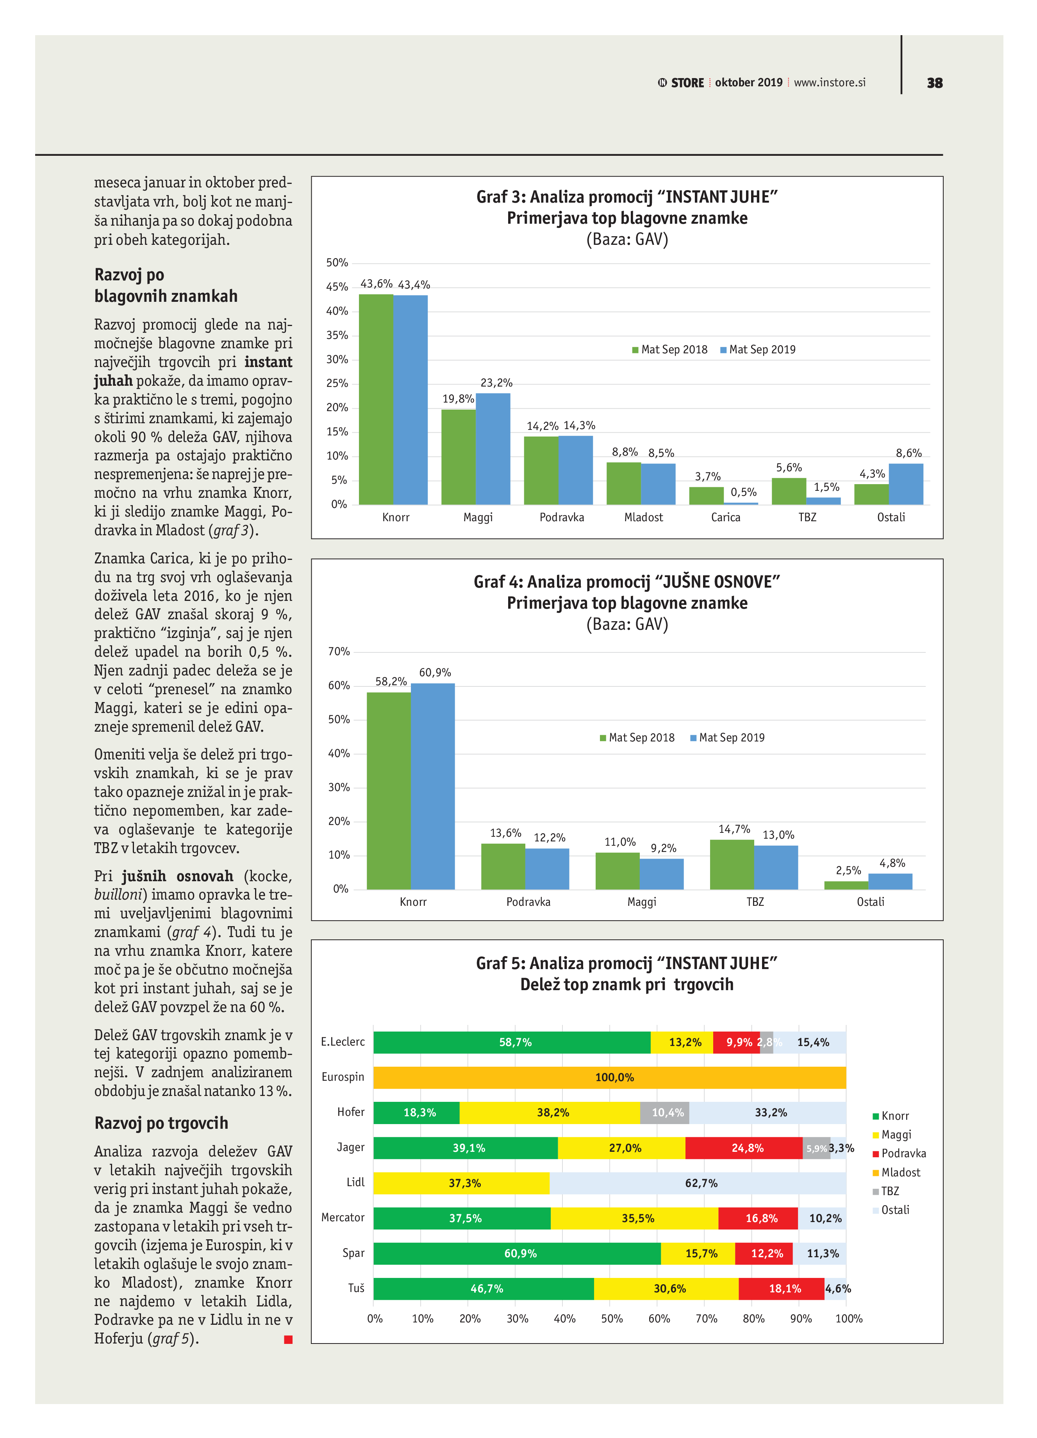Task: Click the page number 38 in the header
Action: (x=934, y=83)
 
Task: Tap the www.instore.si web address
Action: (x=830, y=82)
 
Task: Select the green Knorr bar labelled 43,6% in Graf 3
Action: (x=376, y=399)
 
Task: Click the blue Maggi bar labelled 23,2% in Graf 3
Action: (x=493, y=449)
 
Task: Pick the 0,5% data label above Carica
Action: (x=743, y=492)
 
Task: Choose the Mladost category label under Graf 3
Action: (x=643, y=517)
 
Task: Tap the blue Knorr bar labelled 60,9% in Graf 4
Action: (x=432, y=786)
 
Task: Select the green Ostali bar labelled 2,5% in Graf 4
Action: (x=846, y=885)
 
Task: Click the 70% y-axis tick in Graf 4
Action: (x=339, y=652)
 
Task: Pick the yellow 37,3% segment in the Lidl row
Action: (x=461, y=1183)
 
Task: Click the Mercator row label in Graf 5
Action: (x=343, y=1217)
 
